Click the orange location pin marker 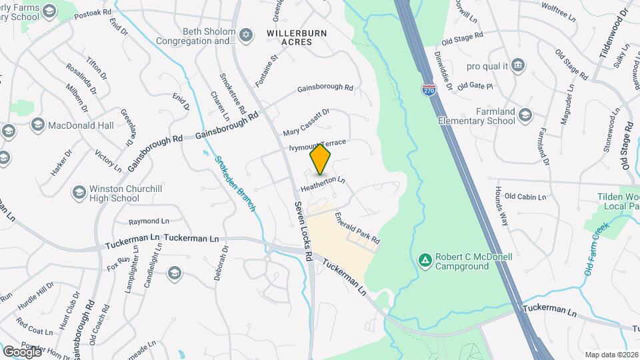point(321,159)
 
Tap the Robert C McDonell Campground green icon point(424,259)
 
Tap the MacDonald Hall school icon point(37,125)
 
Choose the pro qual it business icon point(518,65)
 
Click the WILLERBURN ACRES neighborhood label point(290,37)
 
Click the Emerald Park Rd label point(357,227)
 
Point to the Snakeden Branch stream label point(235,184)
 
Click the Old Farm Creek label point(598,250)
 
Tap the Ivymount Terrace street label point(317,145)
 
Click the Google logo point(22,351)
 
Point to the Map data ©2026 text point(611,355)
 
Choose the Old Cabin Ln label point(525,197)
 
